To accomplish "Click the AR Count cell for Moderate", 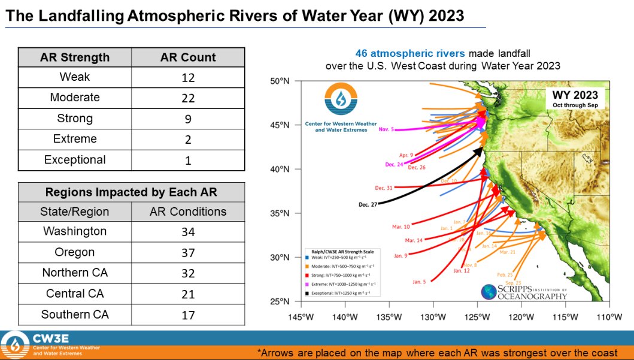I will [188, 98].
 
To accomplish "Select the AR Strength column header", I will [75, 58].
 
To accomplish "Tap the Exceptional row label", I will [75, 160].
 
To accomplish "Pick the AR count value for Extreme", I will [188, 139].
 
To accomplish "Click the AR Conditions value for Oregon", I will [188, 252].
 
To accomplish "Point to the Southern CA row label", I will [75, 314].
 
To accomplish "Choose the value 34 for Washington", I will [188, 232].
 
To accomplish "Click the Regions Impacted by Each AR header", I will [131, 192].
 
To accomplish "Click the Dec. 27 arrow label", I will [369, 205].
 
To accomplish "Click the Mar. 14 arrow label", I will [414, 240].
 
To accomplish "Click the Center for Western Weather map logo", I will [341, 108].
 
